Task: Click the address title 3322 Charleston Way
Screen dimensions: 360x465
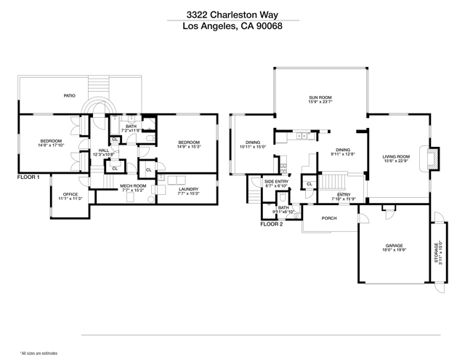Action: tap(232, 13)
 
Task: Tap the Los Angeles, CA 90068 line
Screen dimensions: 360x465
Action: tap(232, 27)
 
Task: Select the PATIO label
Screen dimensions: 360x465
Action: tap(70, 95)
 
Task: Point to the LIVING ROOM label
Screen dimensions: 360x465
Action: tap(397, 156)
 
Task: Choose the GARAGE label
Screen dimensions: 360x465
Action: tap(395, 246)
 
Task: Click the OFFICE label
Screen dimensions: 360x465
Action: tap(70, 194)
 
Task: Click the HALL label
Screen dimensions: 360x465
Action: tap(104, 151)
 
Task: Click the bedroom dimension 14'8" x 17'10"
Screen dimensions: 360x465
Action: tap(50, 145)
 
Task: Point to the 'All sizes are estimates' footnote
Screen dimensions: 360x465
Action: tap(38, 352)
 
